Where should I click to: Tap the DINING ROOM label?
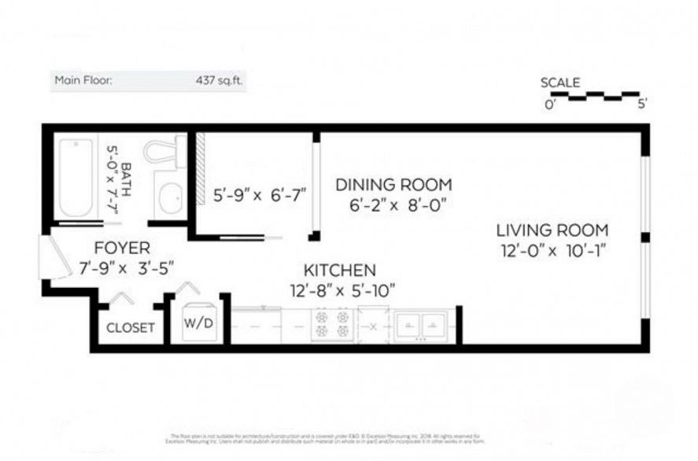coord(393,185)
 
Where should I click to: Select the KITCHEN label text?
coord(340,269)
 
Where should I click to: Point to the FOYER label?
coord(121,247)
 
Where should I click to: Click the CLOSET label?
coord(130,327)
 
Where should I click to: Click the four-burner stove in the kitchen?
coord(331,324)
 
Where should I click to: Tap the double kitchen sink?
coord(421,324)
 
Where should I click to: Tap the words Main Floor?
coord(83,79)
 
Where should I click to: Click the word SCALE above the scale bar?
coord(560,83)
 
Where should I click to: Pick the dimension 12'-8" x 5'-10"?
coord(340,290)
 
